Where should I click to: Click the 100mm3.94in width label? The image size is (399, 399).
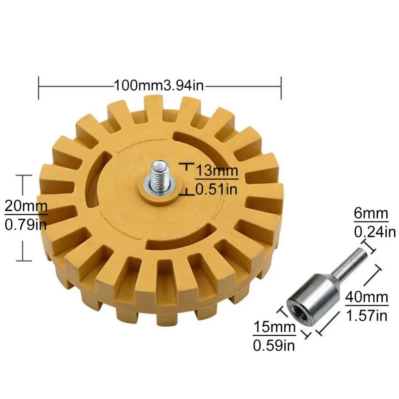point(159,85)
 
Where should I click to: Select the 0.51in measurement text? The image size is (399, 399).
point(216,189)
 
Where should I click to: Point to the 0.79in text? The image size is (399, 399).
point(26,224)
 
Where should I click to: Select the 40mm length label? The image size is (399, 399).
point(366,298)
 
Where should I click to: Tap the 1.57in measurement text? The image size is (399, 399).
point(366,316)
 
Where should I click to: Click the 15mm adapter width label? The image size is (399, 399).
point(274,327)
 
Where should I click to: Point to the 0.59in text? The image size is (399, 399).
point(274,345)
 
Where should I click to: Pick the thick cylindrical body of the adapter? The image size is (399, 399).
point(316,294)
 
